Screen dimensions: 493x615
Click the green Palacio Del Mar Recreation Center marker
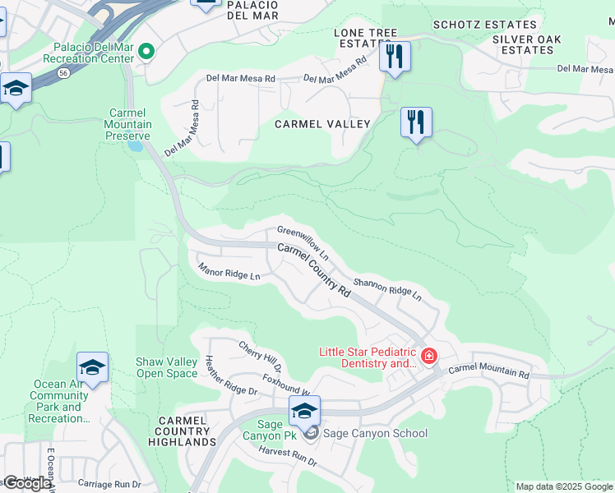pos(146,52)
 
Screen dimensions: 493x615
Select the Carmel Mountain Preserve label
pos(130,124)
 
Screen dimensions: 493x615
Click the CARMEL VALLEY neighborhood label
pos(322,124)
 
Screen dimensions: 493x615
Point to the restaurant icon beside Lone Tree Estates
pos(395,57)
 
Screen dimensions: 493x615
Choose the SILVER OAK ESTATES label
pos(528,44)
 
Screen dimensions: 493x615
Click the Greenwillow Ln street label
pos(303,242)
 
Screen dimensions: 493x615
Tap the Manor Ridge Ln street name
pos(229,270)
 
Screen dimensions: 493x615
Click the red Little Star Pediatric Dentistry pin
pos(428,356)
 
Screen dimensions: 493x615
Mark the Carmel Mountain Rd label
pos(488,371)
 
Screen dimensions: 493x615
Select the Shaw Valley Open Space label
pos(167,367)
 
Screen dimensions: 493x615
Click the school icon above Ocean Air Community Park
pos(92,367)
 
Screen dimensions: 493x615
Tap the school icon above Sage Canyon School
pos(304,410)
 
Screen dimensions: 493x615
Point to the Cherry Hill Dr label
pos(260,356)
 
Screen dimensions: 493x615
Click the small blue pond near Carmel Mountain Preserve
pos(134,147)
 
